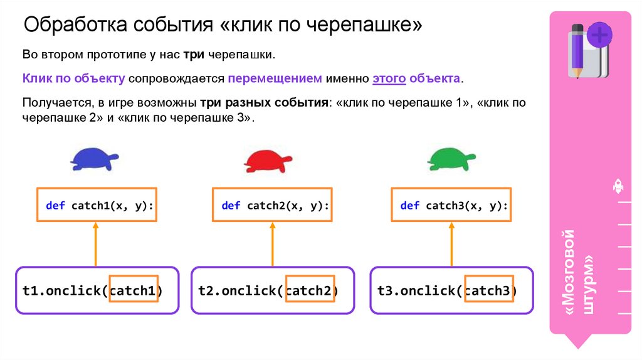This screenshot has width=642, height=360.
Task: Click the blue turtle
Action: coord(93,159)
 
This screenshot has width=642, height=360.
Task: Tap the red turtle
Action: coord(268,161)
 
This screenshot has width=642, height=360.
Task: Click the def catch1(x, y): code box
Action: coord(96,204)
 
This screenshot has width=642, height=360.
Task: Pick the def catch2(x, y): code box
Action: coord(272,204)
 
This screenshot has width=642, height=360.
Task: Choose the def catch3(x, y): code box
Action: coord(451,204)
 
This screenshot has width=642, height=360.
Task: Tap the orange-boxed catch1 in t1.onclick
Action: coord(134,290)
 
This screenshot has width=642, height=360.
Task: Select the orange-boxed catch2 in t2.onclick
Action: coord(310,290)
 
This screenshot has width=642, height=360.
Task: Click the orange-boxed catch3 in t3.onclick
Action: coord(489,290)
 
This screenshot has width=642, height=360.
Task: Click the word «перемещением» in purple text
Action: coord(275,79)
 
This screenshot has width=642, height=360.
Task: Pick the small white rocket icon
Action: coord(617,186)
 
